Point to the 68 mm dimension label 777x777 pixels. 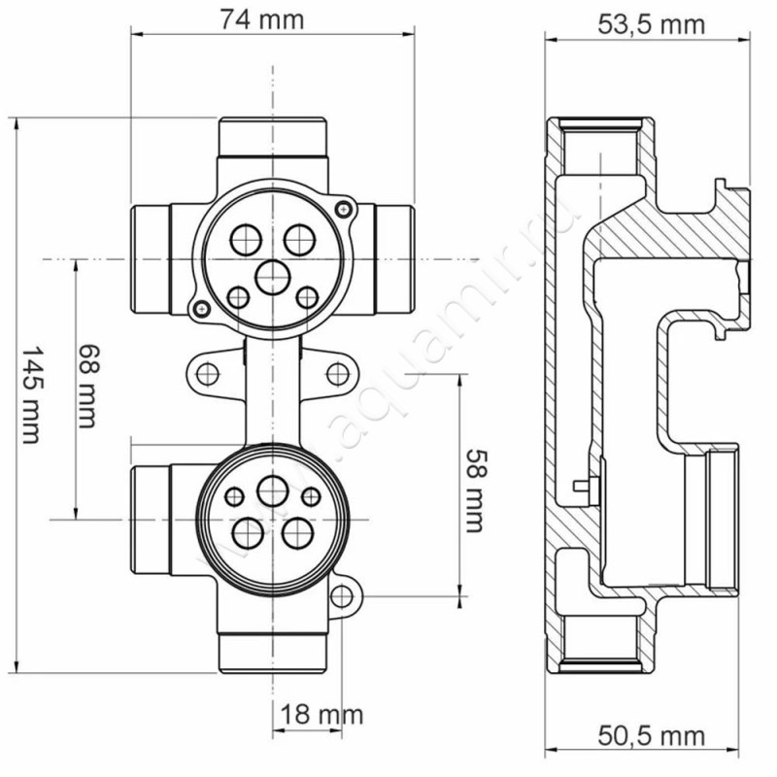pyautogui.click(x=88, y=387)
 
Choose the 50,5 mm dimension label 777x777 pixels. pyautogui.click(x=650, y=737)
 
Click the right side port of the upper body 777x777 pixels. pyautogui.click(x=391, y=257)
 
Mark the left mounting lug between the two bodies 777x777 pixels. pyautogui.click(x=205, y=372)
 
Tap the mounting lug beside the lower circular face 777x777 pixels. pyautogui.click(x=344, y=594)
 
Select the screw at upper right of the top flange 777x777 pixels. pyautogui.click(x=342, y=207)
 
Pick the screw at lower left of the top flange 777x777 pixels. pyautogui.click(x=199, y=308)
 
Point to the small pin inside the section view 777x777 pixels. pyautogui.click(x=582, y=486)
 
